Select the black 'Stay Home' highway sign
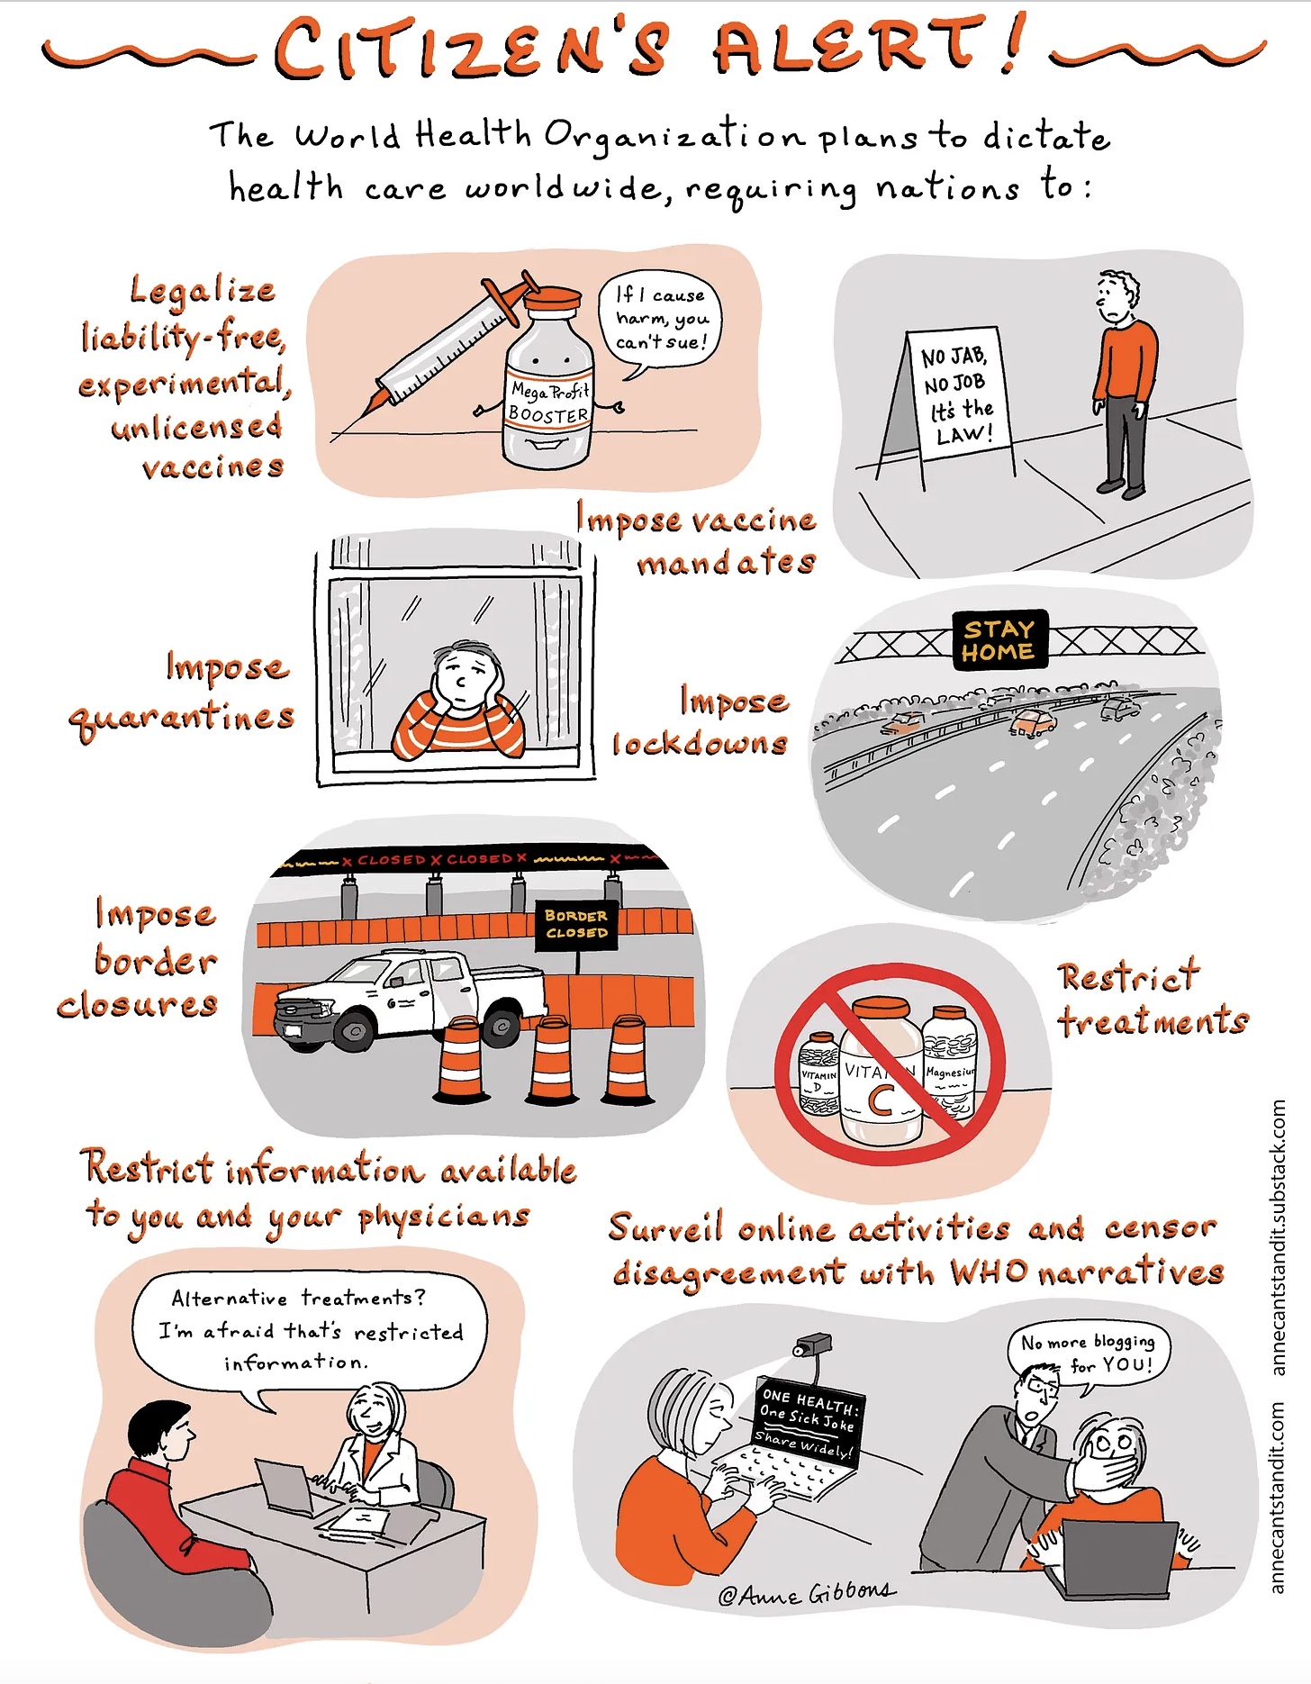pos(999,639)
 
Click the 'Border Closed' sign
pos(576,924)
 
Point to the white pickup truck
pos(411,1000)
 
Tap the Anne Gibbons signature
pos(807,1593)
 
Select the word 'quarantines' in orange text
pos(182,717)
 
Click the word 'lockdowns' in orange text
pos(701,744)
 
